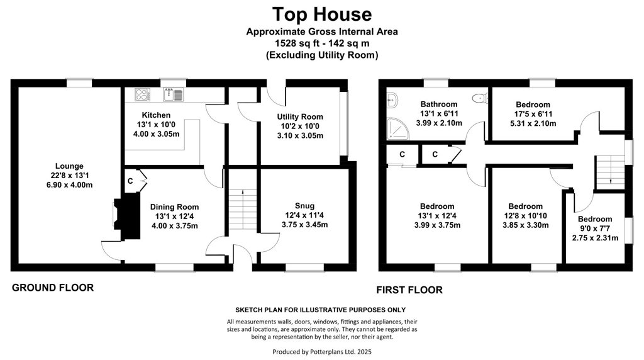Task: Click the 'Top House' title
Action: pos(322,14)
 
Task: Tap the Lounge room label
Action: pos(69,166)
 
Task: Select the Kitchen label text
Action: pos(156,115)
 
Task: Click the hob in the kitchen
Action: pos(143,95)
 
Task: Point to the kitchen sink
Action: pos(174,95)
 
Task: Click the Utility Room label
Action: pos(300,116)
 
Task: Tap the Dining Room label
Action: pos(175,207)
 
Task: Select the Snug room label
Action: pos(305,206)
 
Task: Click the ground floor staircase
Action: pos(243,210)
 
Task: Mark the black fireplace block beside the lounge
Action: pos(128,216)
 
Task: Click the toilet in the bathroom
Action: pos(480,98)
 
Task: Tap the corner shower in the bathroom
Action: pos(397,128)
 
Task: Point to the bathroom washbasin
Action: pos(392,99)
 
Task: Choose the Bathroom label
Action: pos(438,104)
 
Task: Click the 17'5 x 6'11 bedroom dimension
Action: pos(533,114)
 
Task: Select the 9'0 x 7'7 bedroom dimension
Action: pos(595,228)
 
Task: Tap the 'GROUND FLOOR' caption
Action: pos(53,288)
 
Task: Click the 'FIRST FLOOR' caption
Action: pos(409,290)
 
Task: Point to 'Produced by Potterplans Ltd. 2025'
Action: pos(322,352)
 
